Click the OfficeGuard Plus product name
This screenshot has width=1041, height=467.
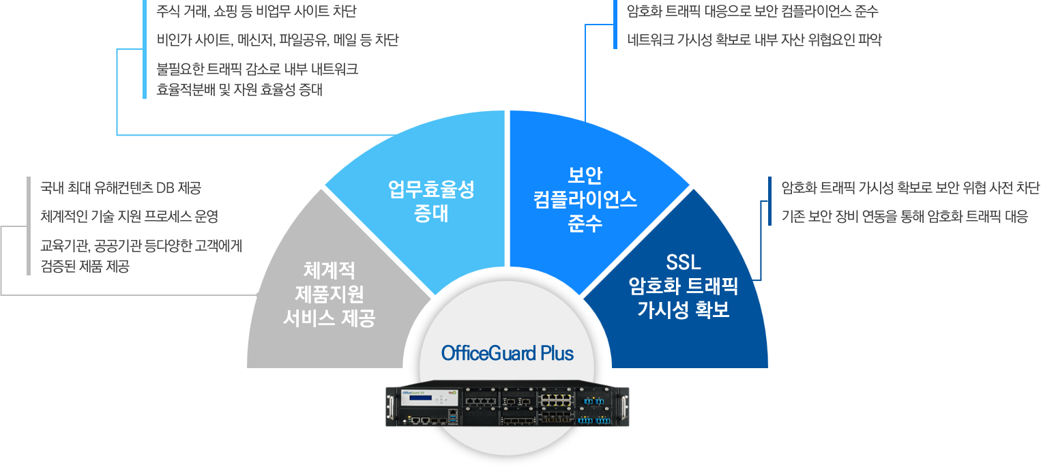(x=508, y=354)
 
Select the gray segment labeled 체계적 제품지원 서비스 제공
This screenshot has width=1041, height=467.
(x=329, y=295)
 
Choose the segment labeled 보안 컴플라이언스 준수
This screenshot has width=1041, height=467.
(x=585, y=199)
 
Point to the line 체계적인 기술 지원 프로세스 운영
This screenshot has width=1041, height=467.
(x=129, y=217)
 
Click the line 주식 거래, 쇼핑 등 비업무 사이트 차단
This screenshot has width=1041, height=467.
(x=256, y=12)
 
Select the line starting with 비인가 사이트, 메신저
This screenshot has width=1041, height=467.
(x=277, y=40)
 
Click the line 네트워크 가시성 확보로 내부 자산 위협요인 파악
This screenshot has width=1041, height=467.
(x=754, y=40)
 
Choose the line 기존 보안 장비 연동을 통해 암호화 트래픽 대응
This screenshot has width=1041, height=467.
(x=904, y=217)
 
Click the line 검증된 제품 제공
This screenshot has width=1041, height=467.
(x=85, y=267)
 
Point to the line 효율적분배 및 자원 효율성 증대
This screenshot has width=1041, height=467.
(x=239, y=89)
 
